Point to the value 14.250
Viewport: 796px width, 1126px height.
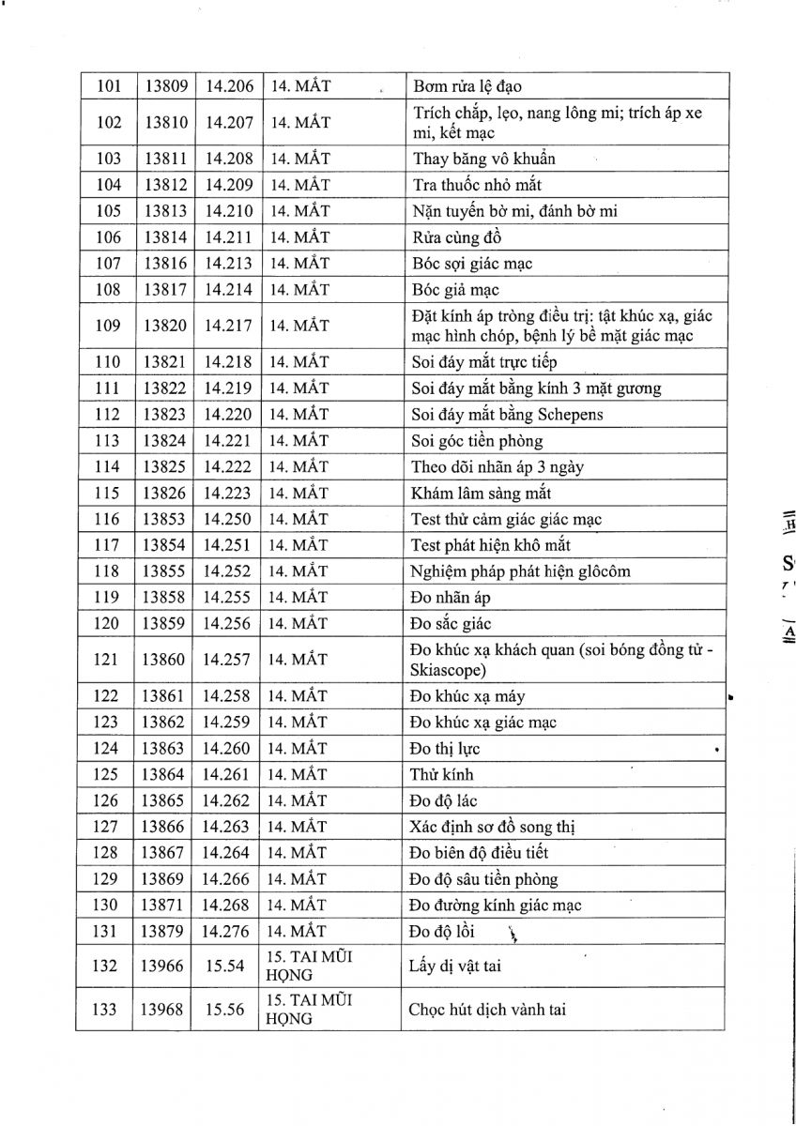(x=228, y=519)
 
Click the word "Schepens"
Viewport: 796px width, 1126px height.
(x=570, y=415)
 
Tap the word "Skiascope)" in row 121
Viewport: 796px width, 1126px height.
(x=448, y=670)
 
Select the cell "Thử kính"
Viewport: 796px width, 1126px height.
(x=441, y=775)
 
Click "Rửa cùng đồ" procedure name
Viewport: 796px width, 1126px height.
(x=456, y=238)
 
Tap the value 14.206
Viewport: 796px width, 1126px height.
(x=228, y=87)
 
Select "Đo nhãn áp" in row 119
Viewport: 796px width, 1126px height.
(x=451, y=598)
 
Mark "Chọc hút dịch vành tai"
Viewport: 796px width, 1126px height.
(x=487, y=1010)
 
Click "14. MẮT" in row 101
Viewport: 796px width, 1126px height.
(x=299, y=87)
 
